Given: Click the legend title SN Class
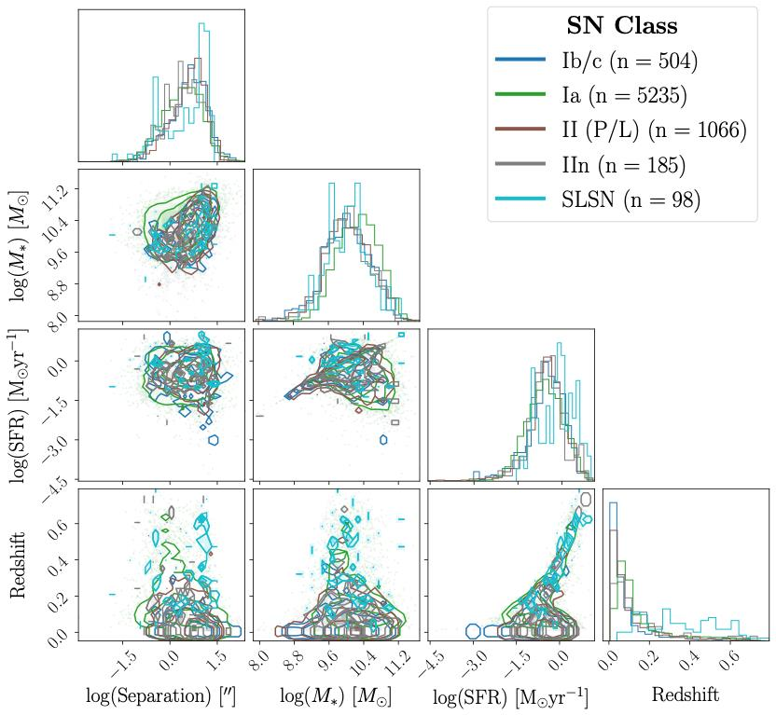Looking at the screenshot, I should point(622,26).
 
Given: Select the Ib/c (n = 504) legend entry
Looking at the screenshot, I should point(629,62).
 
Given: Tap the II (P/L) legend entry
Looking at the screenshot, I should point(653,130).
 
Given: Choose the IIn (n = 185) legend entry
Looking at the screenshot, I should point(622,165).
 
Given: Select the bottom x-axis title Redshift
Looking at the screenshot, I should point(686,694).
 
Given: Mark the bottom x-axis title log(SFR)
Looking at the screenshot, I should point(509,695).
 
